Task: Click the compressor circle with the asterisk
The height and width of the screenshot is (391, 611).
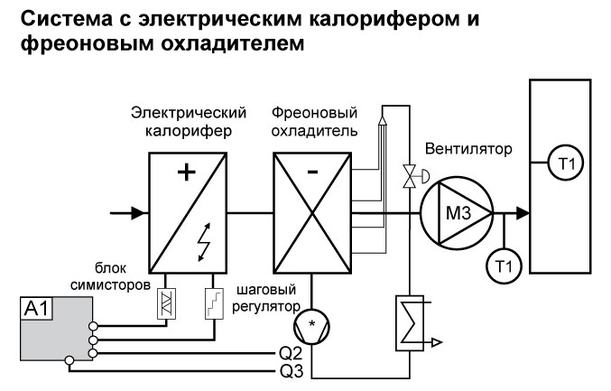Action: (311, 322)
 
